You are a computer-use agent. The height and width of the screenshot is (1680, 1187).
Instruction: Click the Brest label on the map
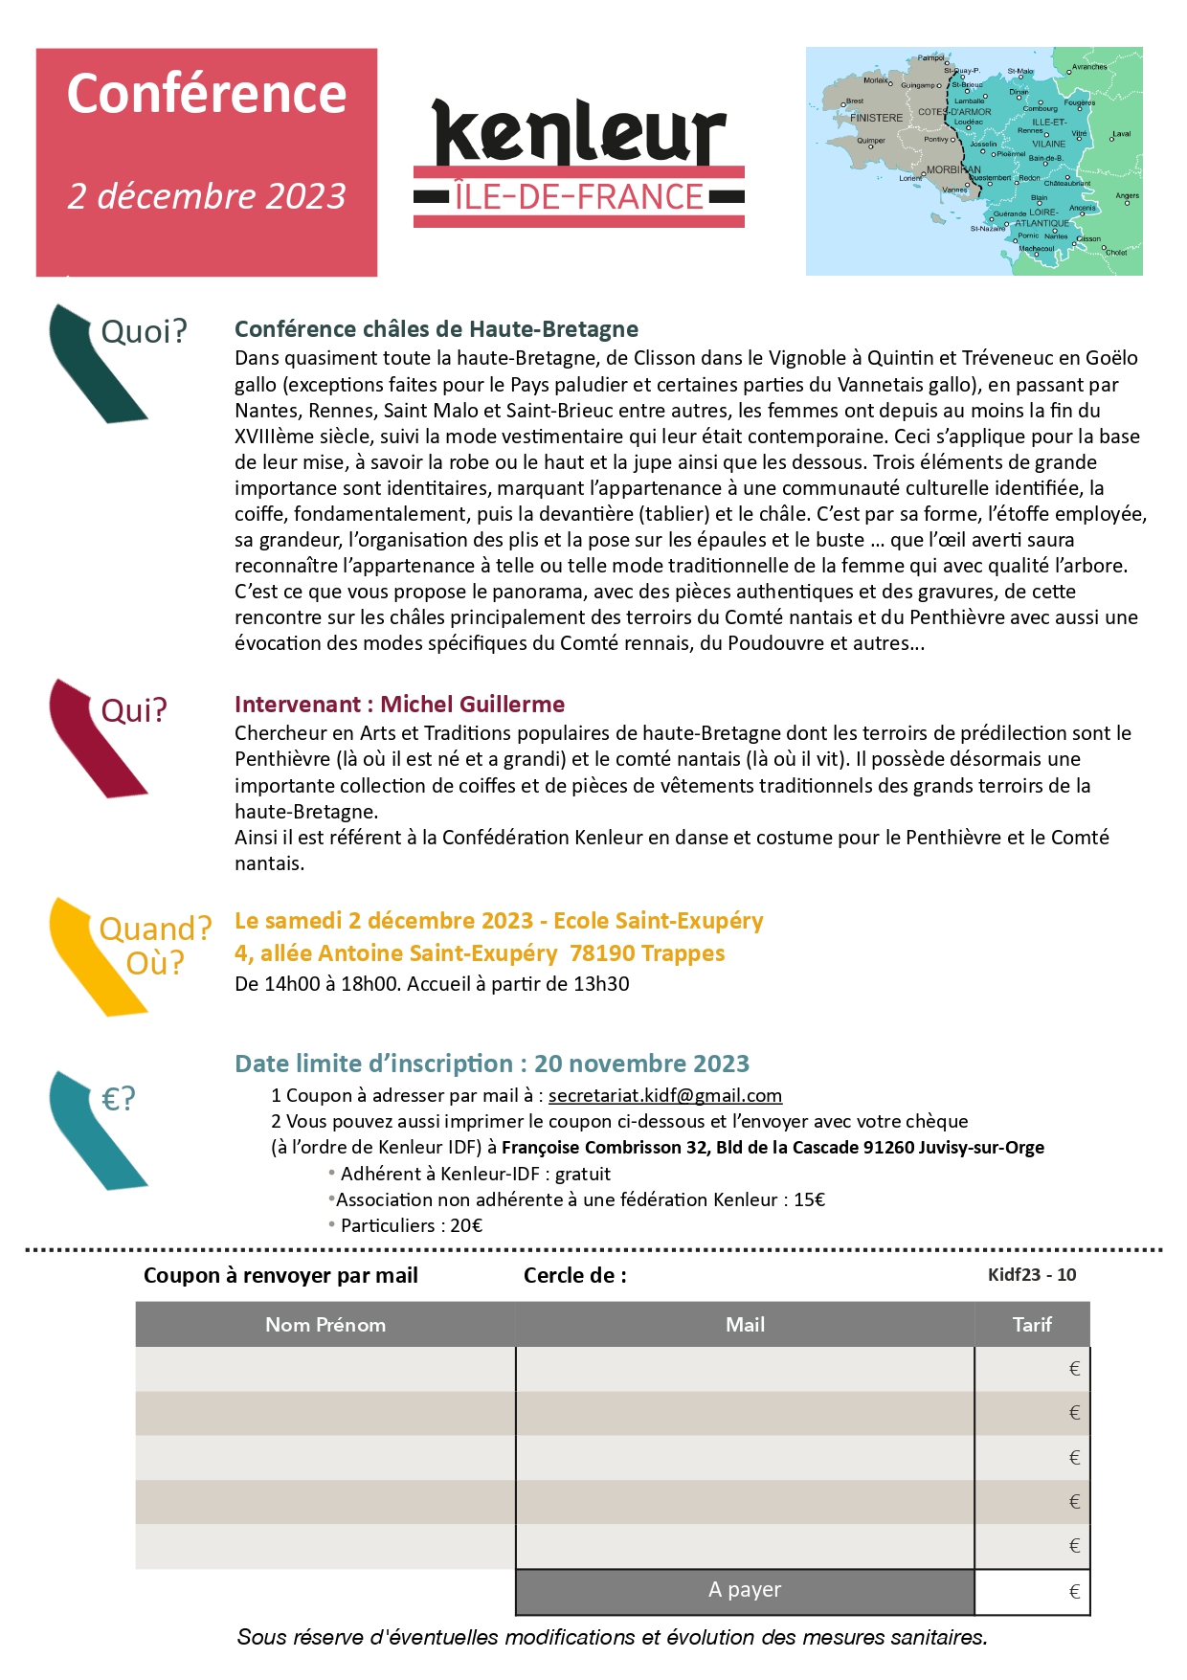point(854,101)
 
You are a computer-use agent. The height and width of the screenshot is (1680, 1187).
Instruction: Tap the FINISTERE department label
point(876,118)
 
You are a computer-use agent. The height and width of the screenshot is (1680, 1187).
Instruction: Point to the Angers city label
point(1127,195)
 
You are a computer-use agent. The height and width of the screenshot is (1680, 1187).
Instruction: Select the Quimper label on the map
point(871,140)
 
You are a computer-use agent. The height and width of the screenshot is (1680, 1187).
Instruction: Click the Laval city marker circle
point(1112,140)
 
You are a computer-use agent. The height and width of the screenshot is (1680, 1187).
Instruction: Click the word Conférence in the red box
point(207,94)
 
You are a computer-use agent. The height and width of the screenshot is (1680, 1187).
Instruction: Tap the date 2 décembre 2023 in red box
point(207,196)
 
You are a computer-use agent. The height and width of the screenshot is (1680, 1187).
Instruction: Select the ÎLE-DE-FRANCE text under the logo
point(579,197)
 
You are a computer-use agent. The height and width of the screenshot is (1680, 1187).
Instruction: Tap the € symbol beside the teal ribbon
point(119,1099)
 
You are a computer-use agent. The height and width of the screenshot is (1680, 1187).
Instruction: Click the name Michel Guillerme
point(472,705)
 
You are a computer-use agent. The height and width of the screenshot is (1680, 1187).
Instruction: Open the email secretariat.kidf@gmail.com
point(665,1095)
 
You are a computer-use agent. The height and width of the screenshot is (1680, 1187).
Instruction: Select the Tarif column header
point(1032,1325)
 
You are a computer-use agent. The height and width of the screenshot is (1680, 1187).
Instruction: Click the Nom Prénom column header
point(325,1325)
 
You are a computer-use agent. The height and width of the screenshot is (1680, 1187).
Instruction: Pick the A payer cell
point(745,1590)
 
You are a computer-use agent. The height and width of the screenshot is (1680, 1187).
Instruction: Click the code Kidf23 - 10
point(1032,1275)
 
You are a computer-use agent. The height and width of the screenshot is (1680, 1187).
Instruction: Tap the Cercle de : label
point(575,1275)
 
